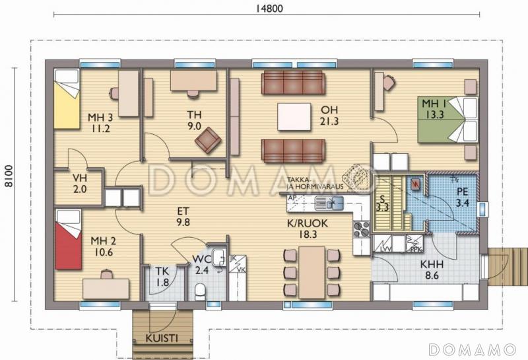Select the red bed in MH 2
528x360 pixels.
(x=67, y=238)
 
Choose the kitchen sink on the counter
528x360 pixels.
(x=329, y=202)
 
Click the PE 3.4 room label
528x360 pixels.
(x=463, y=198)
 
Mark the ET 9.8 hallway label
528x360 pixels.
(x=183, y=217)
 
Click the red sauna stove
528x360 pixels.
(x=415, y=184)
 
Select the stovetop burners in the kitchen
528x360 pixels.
(x=362, y=229)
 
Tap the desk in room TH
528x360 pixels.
(x=193, y=80)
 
